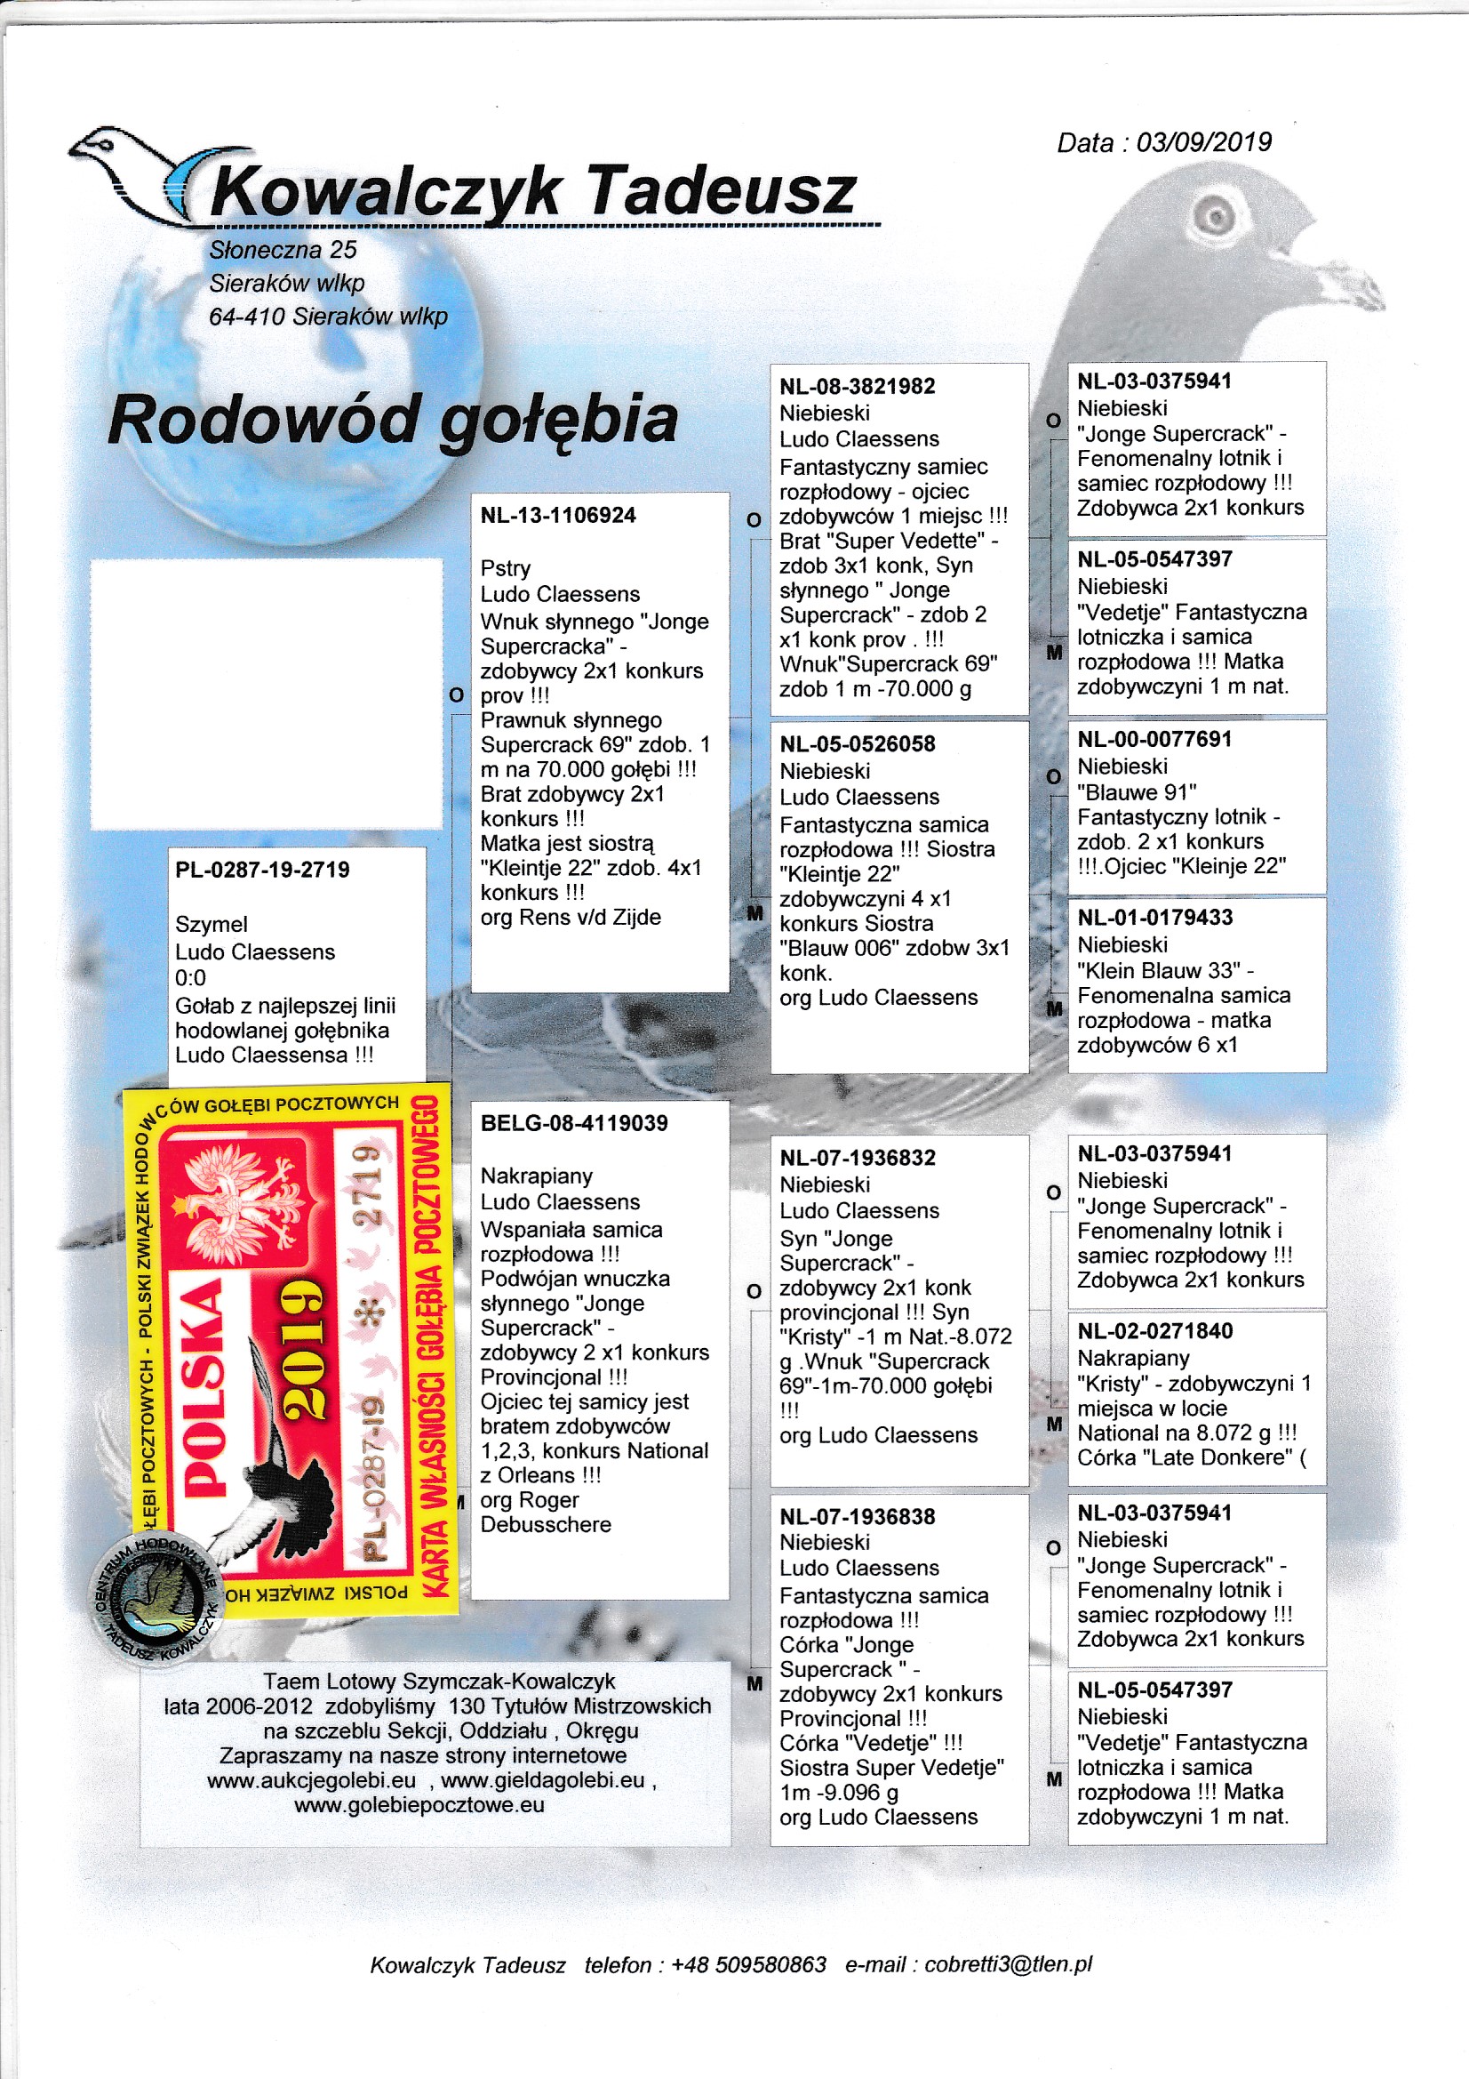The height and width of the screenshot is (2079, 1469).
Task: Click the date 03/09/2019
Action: [1204, 142]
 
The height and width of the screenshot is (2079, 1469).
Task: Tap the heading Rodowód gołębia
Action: [393, 420]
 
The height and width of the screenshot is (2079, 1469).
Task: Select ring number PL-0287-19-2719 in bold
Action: [262, 871]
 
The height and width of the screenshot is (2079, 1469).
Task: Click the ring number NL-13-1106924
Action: [558, 515]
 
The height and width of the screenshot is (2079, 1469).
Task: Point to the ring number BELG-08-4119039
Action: [574, 1123]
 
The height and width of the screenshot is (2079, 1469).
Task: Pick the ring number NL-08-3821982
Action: [858, 387]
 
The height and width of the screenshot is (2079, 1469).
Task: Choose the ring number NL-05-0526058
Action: [858, 744]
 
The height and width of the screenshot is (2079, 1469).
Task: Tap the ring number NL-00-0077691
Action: [1154, 740]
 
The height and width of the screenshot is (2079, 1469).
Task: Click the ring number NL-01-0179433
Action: [1154, 918]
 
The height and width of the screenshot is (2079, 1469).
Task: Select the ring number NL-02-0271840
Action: [1155, 1330]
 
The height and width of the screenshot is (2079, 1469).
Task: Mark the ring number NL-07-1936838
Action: [858, 1517]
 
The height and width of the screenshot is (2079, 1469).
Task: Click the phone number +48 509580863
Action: [748, 1965]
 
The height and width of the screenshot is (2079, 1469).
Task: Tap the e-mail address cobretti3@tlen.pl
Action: [1009, 1965]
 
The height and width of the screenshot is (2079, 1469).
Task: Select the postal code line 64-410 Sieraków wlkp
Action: [329, 317]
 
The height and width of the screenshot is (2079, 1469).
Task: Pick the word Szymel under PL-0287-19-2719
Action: [211, 925]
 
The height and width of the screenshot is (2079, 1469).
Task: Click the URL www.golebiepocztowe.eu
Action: [419, 1804]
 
